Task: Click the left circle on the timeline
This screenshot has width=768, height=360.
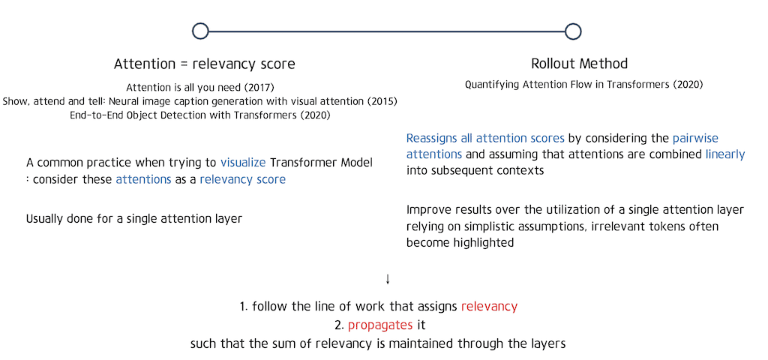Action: tap(200, 31)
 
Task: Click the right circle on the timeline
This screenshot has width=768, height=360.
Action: tap(573, 31)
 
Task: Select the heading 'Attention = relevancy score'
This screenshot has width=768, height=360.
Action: tap(204, 64)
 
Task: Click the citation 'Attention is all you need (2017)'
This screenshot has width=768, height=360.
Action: tap(201, 88)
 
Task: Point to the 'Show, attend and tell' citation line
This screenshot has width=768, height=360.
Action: tap(200, 101)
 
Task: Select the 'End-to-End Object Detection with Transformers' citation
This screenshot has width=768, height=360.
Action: tap(201, 115)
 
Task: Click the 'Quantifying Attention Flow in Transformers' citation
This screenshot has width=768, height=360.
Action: tap(583, 85)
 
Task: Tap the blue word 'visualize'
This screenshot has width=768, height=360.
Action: tap(244, 163)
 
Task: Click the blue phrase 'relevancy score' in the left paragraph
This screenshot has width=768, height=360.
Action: tap(242, 179)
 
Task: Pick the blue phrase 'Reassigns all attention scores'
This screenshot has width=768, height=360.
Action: tap(485, 139)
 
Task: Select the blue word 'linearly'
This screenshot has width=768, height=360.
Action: tap(725, 154)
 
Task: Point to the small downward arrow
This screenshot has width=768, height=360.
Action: tap(388, 279)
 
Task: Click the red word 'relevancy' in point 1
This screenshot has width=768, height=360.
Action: tap(489, 306)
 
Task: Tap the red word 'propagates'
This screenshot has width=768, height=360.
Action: tap(380, 325)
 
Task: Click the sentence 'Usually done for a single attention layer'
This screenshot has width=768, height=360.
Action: tap(133, 219)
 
